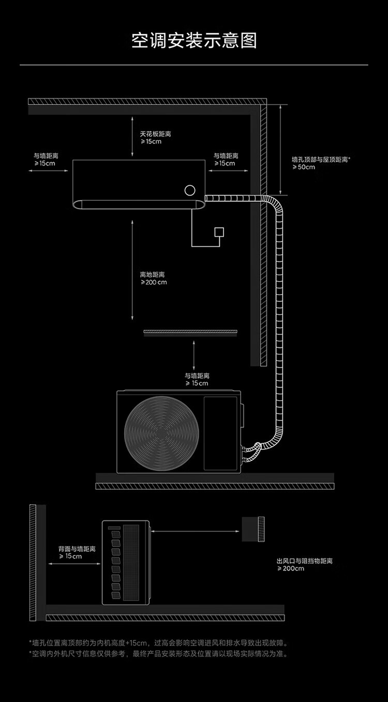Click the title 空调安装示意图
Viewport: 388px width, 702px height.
tap(194, 40)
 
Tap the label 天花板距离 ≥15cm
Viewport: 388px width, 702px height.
tap(155, 138)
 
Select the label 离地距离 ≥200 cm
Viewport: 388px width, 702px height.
tap(154, 279)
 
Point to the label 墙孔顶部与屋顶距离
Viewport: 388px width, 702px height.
tap(321, 159)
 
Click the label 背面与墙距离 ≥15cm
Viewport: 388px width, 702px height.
tap(77, 552)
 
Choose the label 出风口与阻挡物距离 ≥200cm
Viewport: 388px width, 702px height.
tap(304, 564)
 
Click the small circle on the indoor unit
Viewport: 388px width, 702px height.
tap(190, 190)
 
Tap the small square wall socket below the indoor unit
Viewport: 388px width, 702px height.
tap(219, 232)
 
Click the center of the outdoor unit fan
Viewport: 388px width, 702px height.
tap(161, 433)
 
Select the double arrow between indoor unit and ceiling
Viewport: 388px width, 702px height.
tap(132, 136)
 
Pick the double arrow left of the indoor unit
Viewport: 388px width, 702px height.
tap(48, 171)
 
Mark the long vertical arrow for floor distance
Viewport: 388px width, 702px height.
tap(132, 270)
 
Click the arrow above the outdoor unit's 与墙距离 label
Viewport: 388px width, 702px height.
tap(194, 355)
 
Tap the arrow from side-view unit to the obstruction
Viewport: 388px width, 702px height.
tap(195, 531)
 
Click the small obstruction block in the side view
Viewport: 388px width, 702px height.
tap(253, 529)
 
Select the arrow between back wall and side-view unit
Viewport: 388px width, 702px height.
tap(74, 564)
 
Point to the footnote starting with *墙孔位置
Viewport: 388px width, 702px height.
tap(158, 643)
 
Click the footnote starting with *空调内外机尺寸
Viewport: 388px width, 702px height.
tap(158, 654)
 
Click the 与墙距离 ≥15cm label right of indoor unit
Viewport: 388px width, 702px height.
tap(226, 159)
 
